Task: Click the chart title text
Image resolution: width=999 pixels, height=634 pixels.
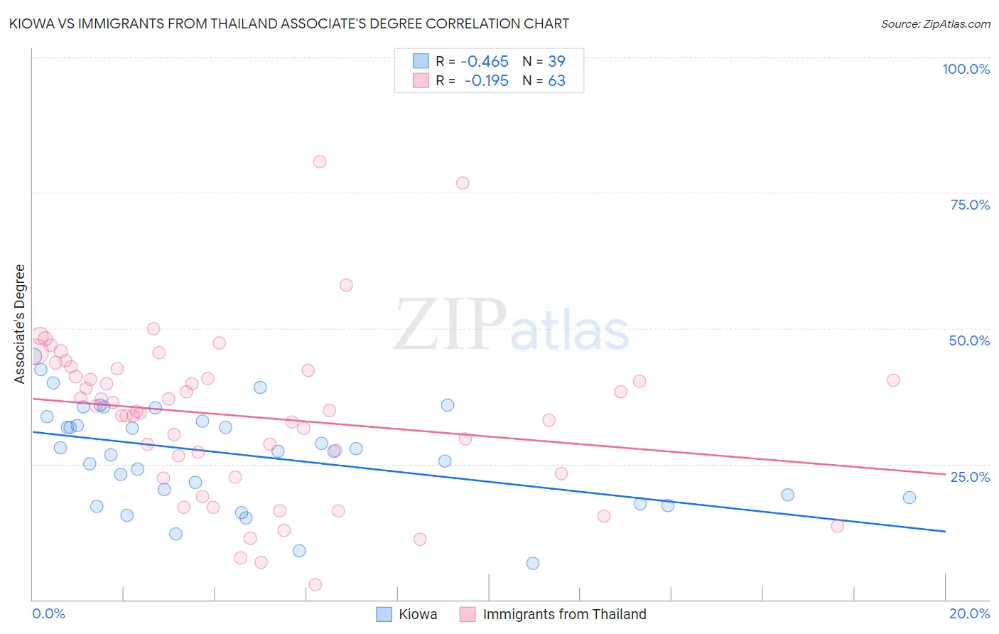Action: (x=290, y=23)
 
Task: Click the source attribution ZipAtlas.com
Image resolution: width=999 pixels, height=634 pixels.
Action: (x=935, y=23)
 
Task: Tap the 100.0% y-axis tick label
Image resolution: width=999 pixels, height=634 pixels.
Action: (x=966, y=69)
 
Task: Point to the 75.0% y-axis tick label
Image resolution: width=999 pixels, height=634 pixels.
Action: (x=970, y=205)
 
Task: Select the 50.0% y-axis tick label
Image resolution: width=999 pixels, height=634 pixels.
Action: (x=969, y=340)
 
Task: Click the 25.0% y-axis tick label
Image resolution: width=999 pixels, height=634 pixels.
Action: (x=970, y=476)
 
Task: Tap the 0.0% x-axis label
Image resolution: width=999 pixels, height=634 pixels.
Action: (x=48, y=613)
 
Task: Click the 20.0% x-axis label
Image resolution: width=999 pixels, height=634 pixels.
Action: (x=969, y=613)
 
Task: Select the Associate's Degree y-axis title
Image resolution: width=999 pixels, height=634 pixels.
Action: (x=19, y=324)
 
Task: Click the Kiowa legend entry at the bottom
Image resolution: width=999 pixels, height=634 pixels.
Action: (x=417, y=614)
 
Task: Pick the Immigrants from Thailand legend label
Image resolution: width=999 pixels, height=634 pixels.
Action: (x=564, y=614)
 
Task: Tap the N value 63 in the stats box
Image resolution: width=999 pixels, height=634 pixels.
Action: (x=556, y=81)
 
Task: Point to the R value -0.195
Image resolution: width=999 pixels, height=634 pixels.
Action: (x=487, y=81)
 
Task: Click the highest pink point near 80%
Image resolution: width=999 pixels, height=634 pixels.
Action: (x=320, y=162)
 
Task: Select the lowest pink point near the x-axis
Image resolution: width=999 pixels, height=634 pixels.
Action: (x=315, y=584)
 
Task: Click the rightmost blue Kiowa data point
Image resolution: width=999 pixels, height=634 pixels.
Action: (x=909, y=498)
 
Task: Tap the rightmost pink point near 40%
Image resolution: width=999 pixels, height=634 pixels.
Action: (x=893, y=380)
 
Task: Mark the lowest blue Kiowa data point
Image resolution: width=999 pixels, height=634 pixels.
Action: (x=533, y=563)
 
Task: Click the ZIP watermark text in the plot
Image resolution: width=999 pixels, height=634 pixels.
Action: (x=450, y=326)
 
